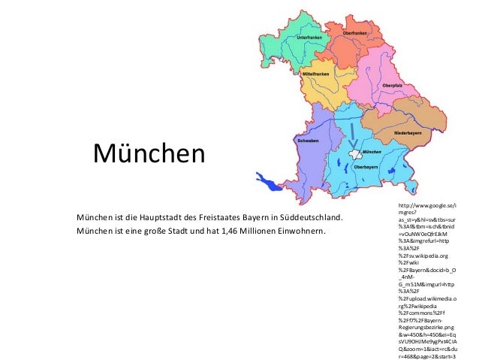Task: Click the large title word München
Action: [148, 154]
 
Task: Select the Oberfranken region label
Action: [355, 33]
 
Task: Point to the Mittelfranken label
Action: [315, 74]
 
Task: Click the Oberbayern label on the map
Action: [366, 166]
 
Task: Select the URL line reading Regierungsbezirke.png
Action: [426, 328]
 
